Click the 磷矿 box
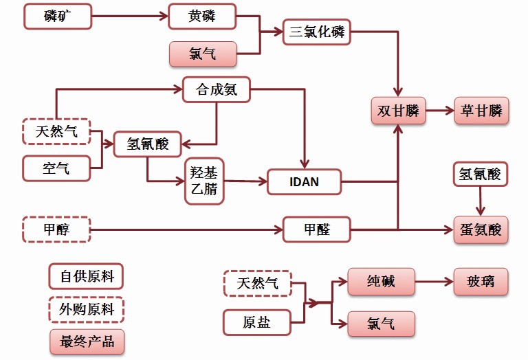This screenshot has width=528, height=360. (57, 16)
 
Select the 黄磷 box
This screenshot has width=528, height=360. (202, 16)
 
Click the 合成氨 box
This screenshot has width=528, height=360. (217, 89)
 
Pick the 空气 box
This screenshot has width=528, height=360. (56, 168)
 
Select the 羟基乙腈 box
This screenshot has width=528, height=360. (205, 181)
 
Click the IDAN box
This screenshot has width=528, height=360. (303, 182)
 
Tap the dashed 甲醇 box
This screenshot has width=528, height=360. (56, 229)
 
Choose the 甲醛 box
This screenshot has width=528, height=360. (317, 229)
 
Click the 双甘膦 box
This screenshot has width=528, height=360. (398, 111)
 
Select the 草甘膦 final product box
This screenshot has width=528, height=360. (481, 111)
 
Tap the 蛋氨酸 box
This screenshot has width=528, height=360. (481, 229)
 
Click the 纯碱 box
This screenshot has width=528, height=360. (382, 281)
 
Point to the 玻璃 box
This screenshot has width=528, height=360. (481, 281)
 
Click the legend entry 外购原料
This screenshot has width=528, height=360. (86, 309)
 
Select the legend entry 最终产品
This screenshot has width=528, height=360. (86, 341)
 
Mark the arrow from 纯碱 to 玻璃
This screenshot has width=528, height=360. (434, 281)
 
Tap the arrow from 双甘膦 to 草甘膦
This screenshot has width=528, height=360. (439, 111)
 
